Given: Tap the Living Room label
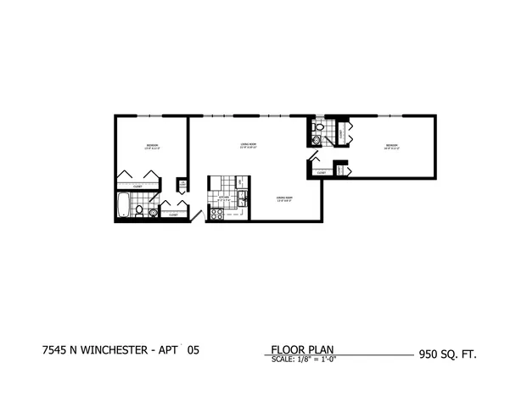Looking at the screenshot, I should [x=248, y=146].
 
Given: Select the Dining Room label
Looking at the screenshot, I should [x=283, y=199].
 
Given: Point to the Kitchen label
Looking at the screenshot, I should [x=224, y=196].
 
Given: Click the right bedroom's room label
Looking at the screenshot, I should [x=391, y=147].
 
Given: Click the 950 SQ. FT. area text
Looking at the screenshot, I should [x=447, y=352].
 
